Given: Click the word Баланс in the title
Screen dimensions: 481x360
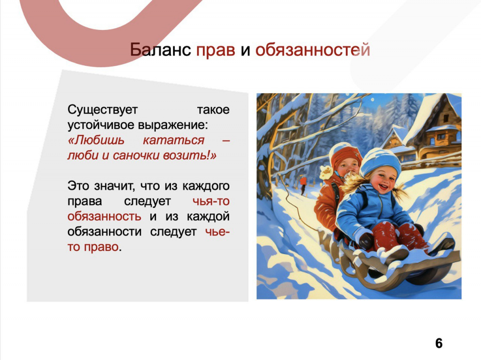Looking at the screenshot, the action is tap(160, 50).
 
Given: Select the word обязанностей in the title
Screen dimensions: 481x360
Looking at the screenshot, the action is tap(313, 50).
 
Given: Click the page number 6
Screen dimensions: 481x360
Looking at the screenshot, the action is tap(439, 343).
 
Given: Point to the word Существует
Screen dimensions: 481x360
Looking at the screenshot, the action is tap(103, 110).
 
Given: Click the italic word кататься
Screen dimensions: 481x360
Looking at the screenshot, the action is tap(174, 140).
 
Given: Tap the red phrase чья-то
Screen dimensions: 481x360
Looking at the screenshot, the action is tap(211, 201).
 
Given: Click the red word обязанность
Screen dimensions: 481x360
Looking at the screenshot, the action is tap(104, 217).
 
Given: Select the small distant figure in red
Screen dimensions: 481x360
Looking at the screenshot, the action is tap(303, 185).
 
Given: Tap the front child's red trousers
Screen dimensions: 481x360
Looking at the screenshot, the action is tap(399, 236).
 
